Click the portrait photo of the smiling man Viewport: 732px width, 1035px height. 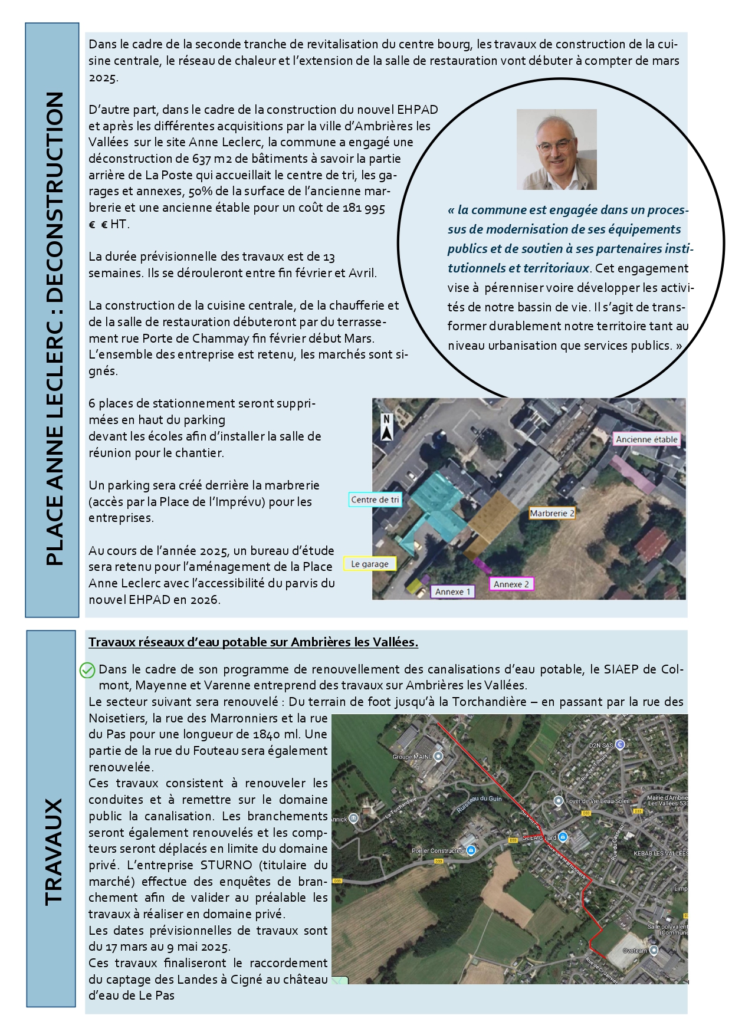[556, 149]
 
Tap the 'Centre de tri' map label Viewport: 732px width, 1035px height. [375, 500]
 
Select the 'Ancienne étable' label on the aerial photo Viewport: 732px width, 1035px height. [646, 439]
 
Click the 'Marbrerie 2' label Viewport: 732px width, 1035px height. [552, 513]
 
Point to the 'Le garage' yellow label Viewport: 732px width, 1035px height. [370, 564]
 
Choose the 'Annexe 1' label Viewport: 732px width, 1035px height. [452, 592]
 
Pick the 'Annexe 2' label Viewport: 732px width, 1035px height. [511, 584]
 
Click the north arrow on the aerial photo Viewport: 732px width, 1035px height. [386, 427]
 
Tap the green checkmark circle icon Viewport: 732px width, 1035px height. [87, 670]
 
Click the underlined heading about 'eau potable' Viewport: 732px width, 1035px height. [253, 642]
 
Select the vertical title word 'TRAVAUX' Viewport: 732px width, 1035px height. [54, 852]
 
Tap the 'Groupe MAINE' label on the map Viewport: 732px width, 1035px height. [412, 757]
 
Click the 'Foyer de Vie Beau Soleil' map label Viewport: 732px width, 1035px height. [598, 801]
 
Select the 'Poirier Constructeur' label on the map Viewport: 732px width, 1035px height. [438, 850]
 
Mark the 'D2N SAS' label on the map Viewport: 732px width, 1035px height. [600, 745]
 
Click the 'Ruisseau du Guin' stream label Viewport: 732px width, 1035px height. [479, 804]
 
